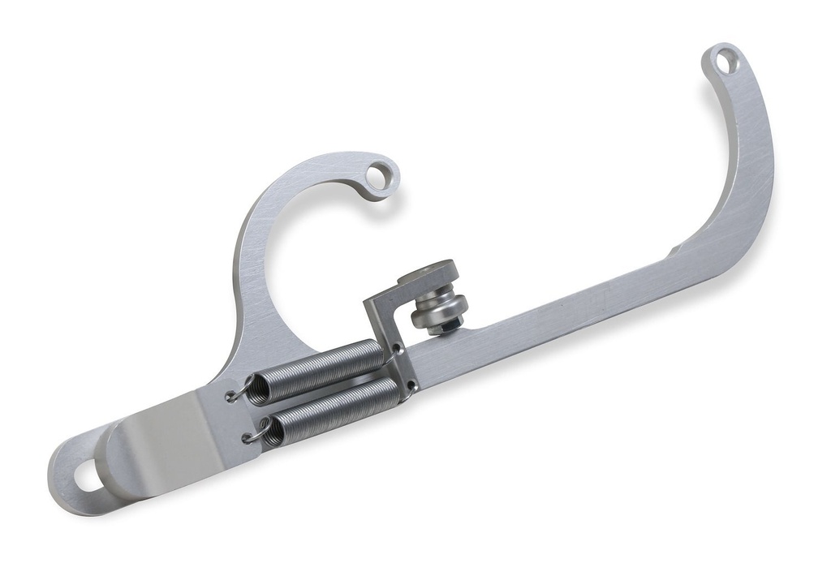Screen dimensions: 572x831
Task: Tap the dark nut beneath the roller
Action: pos(447,326)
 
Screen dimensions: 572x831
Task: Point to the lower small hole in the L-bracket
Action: pos(412,385)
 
